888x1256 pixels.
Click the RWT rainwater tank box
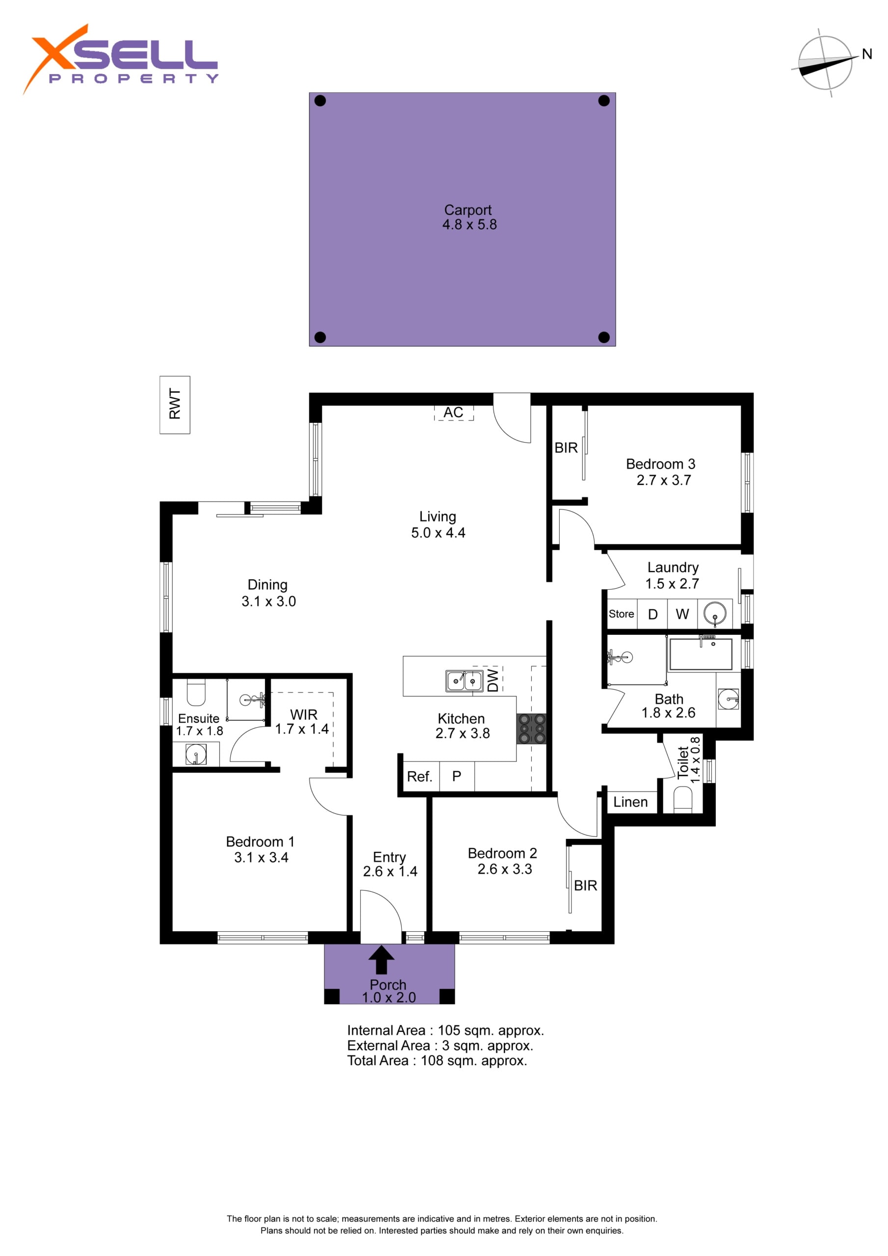point(175,405)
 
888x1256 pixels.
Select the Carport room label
point(468,210)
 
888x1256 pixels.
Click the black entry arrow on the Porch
point(381,960)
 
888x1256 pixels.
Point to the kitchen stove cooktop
point(531,729)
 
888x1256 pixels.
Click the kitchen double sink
point(464,681)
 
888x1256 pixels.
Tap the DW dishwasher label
point(493,680)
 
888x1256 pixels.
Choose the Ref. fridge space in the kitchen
point(419,776)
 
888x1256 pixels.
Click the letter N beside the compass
point(867,53)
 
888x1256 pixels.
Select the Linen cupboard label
point(630,802)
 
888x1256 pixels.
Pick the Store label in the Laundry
point(622,614)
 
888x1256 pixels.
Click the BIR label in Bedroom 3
point(566,447)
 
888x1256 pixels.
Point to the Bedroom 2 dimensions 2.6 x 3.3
point(504,869)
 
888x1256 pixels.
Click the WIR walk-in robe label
point(304,714)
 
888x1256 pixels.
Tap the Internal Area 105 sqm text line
point(445,1030)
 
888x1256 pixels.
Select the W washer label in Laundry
point(682,614)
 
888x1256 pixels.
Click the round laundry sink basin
point(714,614)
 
